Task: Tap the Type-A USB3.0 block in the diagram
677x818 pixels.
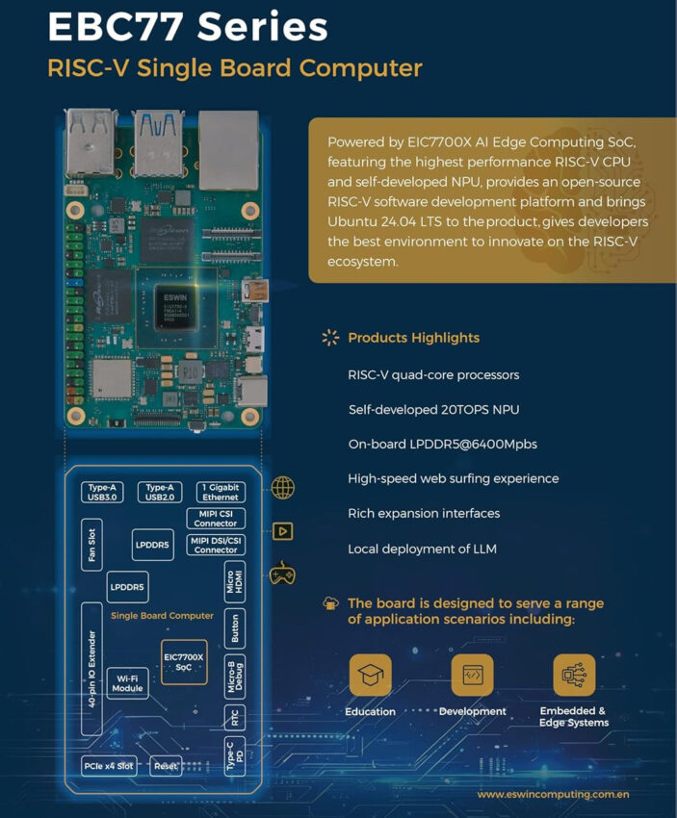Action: (102, 493)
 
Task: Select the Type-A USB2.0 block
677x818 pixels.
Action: (159, 493)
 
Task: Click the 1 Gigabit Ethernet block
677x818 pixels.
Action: (220, 493)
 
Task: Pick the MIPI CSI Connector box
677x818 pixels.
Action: (216, 519)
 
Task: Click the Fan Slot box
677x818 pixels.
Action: (91, 545)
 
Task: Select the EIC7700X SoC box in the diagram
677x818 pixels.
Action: (184, 661)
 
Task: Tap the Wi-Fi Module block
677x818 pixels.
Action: (127, 682)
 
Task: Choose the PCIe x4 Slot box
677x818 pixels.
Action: (108, 766)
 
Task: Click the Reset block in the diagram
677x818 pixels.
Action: (166, 766)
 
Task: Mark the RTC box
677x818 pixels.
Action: (234, 717)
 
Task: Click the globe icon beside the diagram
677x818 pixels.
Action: (283, 488)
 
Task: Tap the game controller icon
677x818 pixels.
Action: (282, 575)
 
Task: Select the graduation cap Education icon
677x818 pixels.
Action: (370, 676)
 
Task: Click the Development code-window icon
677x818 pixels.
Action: (472, 676)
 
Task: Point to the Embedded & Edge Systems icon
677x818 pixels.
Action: (573, 676)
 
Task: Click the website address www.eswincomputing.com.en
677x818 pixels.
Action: (553, 795)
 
